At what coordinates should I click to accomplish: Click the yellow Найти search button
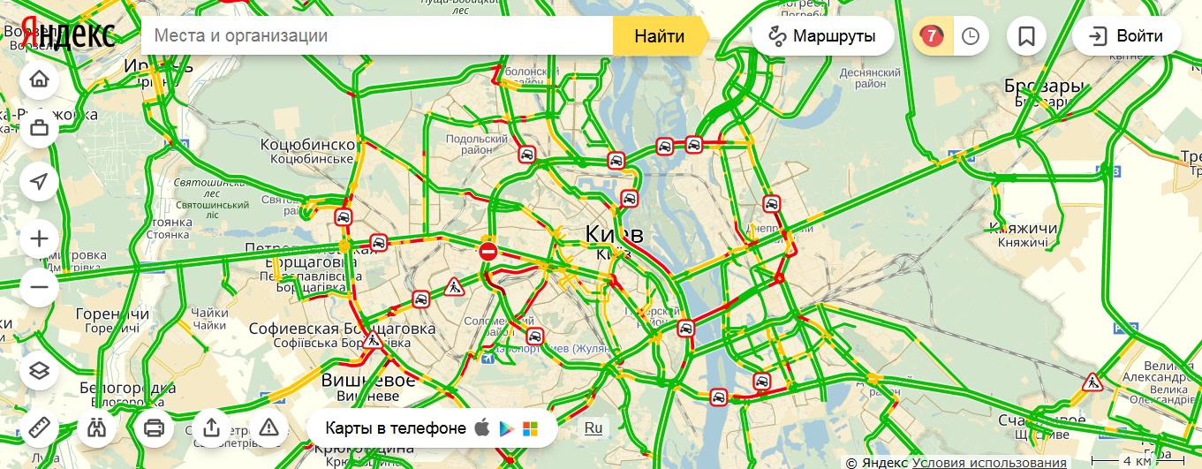[659, 36]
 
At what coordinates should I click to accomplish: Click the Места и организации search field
[380, 36]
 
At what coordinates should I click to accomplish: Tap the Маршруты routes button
[822, 36]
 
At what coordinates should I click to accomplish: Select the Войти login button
[1127, 36]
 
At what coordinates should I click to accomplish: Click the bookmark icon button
[1026, 36]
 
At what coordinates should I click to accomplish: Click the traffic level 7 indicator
[931, 36]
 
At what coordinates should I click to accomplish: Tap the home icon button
[39, 79]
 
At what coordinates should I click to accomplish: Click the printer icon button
[154, 428]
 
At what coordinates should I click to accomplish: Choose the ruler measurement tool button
[39, 428]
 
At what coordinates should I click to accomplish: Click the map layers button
[39, 371]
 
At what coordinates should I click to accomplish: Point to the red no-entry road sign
[488, 252]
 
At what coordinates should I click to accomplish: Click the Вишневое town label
[368, 380]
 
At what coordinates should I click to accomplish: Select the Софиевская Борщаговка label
[342, 329]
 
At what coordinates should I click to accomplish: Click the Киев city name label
[614, 235]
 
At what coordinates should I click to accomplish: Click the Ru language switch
[593, 428]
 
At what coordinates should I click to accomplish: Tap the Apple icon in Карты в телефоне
[482, 428]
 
